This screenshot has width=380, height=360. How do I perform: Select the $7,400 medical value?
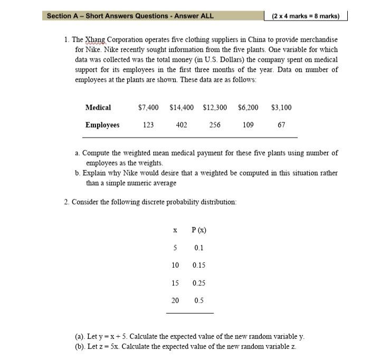[x=148, y=108]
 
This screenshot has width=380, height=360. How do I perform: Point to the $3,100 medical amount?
[x=281, y=108]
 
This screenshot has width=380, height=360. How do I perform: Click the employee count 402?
[x=181, y=125]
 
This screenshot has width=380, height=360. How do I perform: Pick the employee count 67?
[x=281, y=125]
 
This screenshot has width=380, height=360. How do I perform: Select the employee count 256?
[x=214, y=125]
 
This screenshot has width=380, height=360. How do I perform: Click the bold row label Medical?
[x=98, y=108]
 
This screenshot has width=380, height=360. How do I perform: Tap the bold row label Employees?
[x=102, y=125]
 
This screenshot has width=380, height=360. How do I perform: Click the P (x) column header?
[x=199, y=230]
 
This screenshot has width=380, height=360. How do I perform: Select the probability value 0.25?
[x=199, y=283]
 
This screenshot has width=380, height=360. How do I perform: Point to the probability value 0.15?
[x=199, y=265]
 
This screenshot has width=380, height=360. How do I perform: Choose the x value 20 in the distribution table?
[x=175, y=300]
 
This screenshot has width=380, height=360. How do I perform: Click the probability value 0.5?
[x=199, y=300]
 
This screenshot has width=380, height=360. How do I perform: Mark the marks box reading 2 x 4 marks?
[x=306, y=16]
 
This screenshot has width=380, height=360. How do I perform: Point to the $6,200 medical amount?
[x=248, y=108]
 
